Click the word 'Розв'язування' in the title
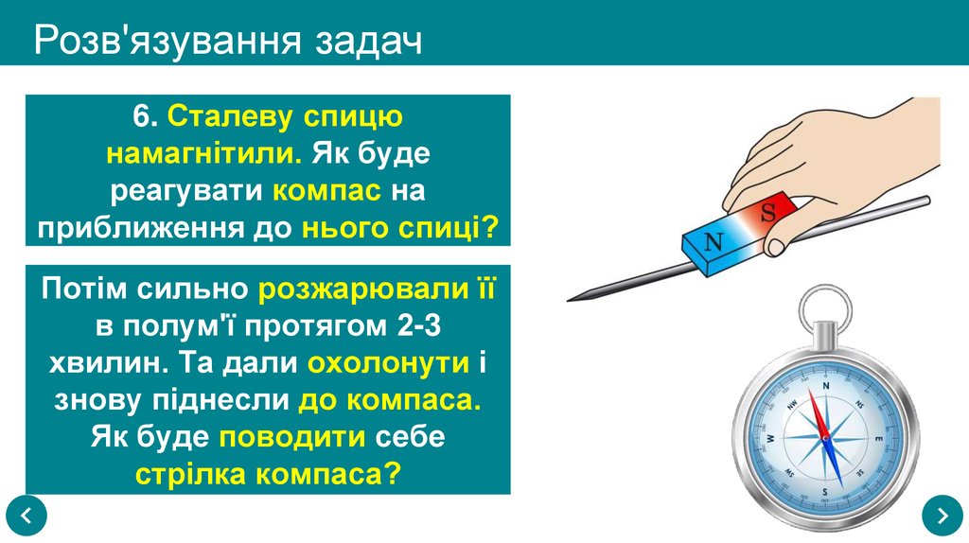pos(158,42)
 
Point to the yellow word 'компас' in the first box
pos(327,191)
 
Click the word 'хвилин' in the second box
pos(104,363)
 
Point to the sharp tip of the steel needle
pos(571,299)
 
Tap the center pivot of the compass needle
pos(824,437)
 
